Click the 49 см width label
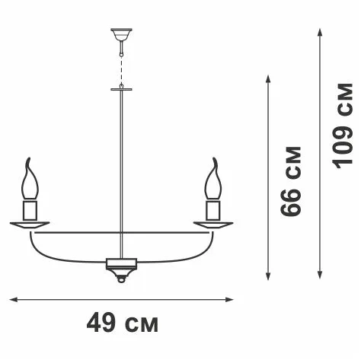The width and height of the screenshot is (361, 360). click(x=123, y=323)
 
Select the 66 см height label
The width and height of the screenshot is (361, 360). click(x=291, y=181)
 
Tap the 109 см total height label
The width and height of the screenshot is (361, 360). click(x=343, y=126)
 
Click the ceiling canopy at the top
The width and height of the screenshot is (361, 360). click(x=121, y=34)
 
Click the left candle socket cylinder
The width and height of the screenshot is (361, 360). click(x=30, y=210)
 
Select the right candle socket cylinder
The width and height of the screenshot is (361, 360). click(x=213, y=210)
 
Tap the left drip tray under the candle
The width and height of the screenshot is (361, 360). click(x=30, y=225)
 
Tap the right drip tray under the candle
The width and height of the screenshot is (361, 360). click(x=213, y=225)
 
